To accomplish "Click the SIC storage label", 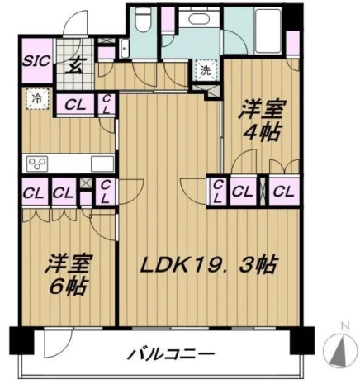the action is click(x=36, y=61).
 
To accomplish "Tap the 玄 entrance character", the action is click(x=73, y=66).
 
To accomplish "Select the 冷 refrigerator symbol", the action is click(x=38, y=99).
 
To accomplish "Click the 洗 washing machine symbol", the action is click(x=206, y=71).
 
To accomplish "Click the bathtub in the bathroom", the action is click(x=268, y=31).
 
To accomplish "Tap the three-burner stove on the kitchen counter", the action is click(x=37, y=164).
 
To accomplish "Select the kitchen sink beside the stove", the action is click(x=102, y=164).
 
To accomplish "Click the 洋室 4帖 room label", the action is click(x=262, y=121).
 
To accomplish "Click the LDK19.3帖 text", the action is click(x=208, y=265).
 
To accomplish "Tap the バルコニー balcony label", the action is click(x=171, y=353).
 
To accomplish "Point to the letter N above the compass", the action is click(x=344, y=326).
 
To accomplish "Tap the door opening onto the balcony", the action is click(x=59, y=343).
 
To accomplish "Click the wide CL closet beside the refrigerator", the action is click(x=75, y=105).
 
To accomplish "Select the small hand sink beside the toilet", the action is click(x=125, y=49).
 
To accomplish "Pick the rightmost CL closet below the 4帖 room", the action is click(x=284, y=192).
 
